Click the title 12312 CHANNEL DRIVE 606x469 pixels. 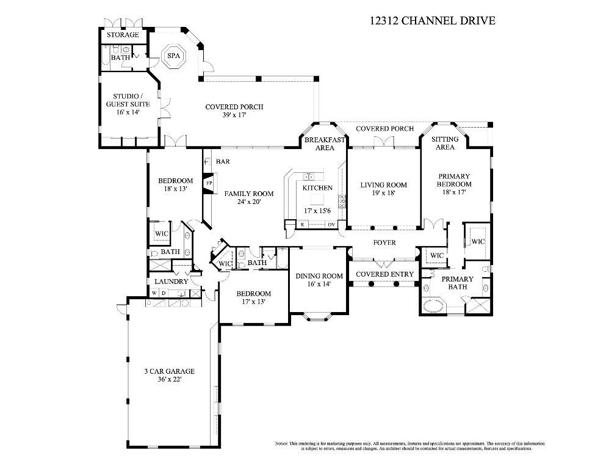(433, 21)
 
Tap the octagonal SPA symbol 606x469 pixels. (174, 56)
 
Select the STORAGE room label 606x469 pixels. (123, 35)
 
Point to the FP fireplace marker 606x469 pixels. (209, 183)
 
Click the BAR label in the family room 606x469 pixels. (223, 162)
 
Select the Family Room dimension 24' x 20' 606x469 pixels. (248, 202)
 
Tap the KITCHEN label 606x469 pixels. (317, 187)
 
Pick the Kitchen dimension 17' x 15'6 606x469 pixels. (317, 211)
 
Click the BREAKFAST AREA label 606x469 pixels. (324, 144)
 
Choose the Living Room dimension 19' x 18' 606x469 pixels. (383, 193)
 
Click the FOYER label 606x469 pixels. (384, 242)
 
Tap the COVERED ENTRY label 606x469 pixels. (384, 274)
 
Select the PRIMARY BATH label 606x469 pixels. (457, 283)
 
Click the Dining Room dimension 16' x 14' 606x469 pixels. (319, 284)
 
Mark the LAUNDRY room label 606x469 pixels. (171, 282)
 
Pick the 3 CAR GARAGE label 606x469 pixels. (169, 371)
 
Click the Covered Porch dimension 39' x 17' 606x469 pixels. (234, 115)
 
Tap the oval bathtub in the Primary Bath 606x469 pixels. (436, 305)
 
